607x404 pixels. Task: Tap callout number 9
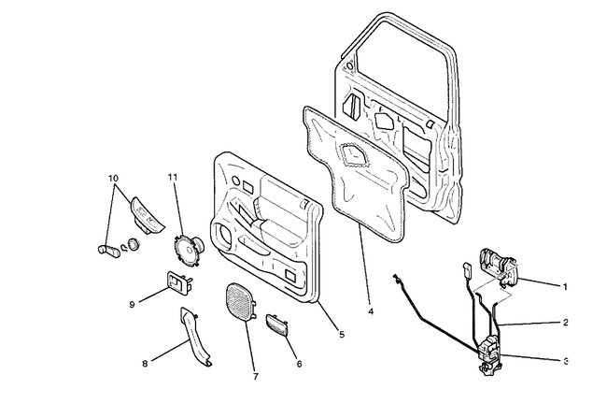(133, 303)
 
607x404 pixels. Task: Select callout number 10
(113, 178)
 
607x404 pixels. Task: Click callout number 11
(173, 177)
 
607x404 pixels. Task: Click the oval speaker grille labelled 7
(245, 305)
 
